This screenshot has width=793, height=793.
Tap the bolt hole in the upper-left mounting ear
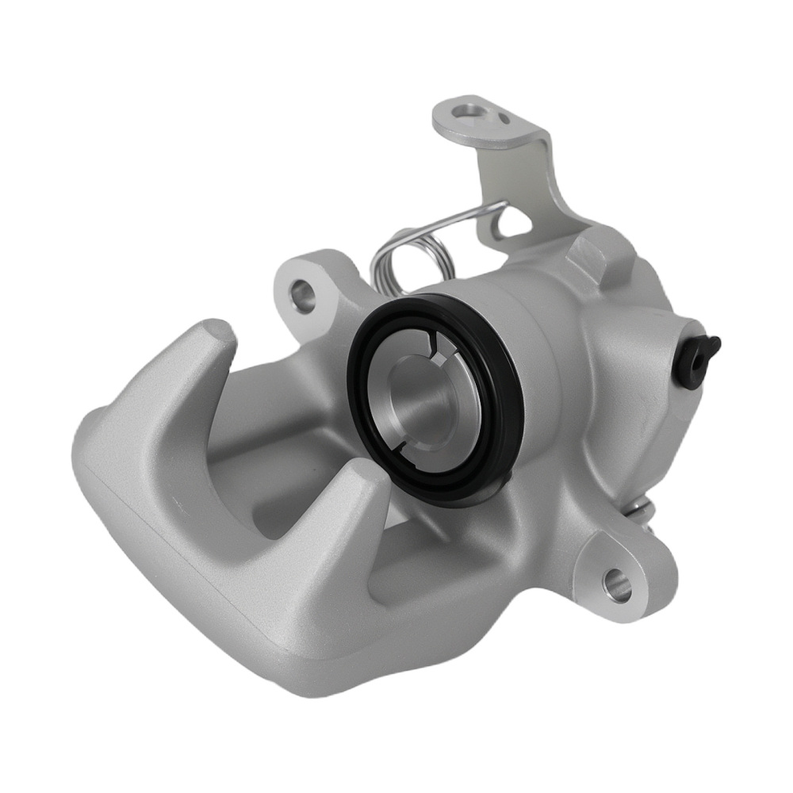[303, 295]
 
